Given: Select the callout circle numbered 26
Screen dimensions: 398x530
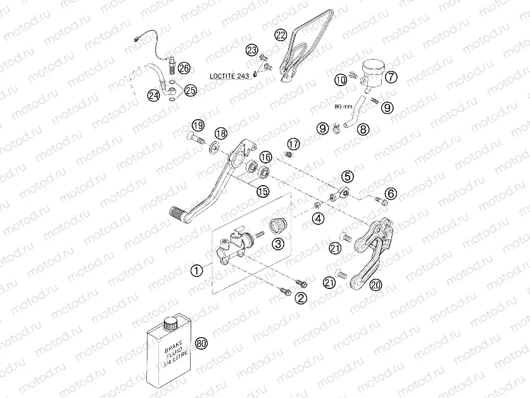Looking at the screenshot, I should (184, 68).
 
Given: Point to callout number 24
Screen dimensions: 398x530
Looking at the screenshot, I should (153, 96).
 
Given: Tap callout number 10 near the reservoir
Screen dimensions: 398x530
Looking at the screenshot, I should (341, 80).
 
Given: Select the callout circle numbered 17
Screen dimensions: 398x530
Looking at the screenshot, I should (293, 144).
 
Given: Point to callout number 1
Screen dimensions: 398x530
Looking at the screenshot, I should (197, 271).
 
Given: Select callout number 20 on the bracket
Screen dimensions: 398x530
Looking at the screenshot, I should (375, 286).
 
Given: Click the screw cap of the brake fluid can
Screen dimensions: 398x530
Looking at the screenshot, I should (170, 323).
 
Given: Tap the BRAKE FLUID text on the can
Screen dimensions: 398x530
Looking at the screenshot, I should (170, 358).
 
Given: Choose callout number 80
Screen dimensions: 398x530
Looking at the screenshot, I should (202, 343).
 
